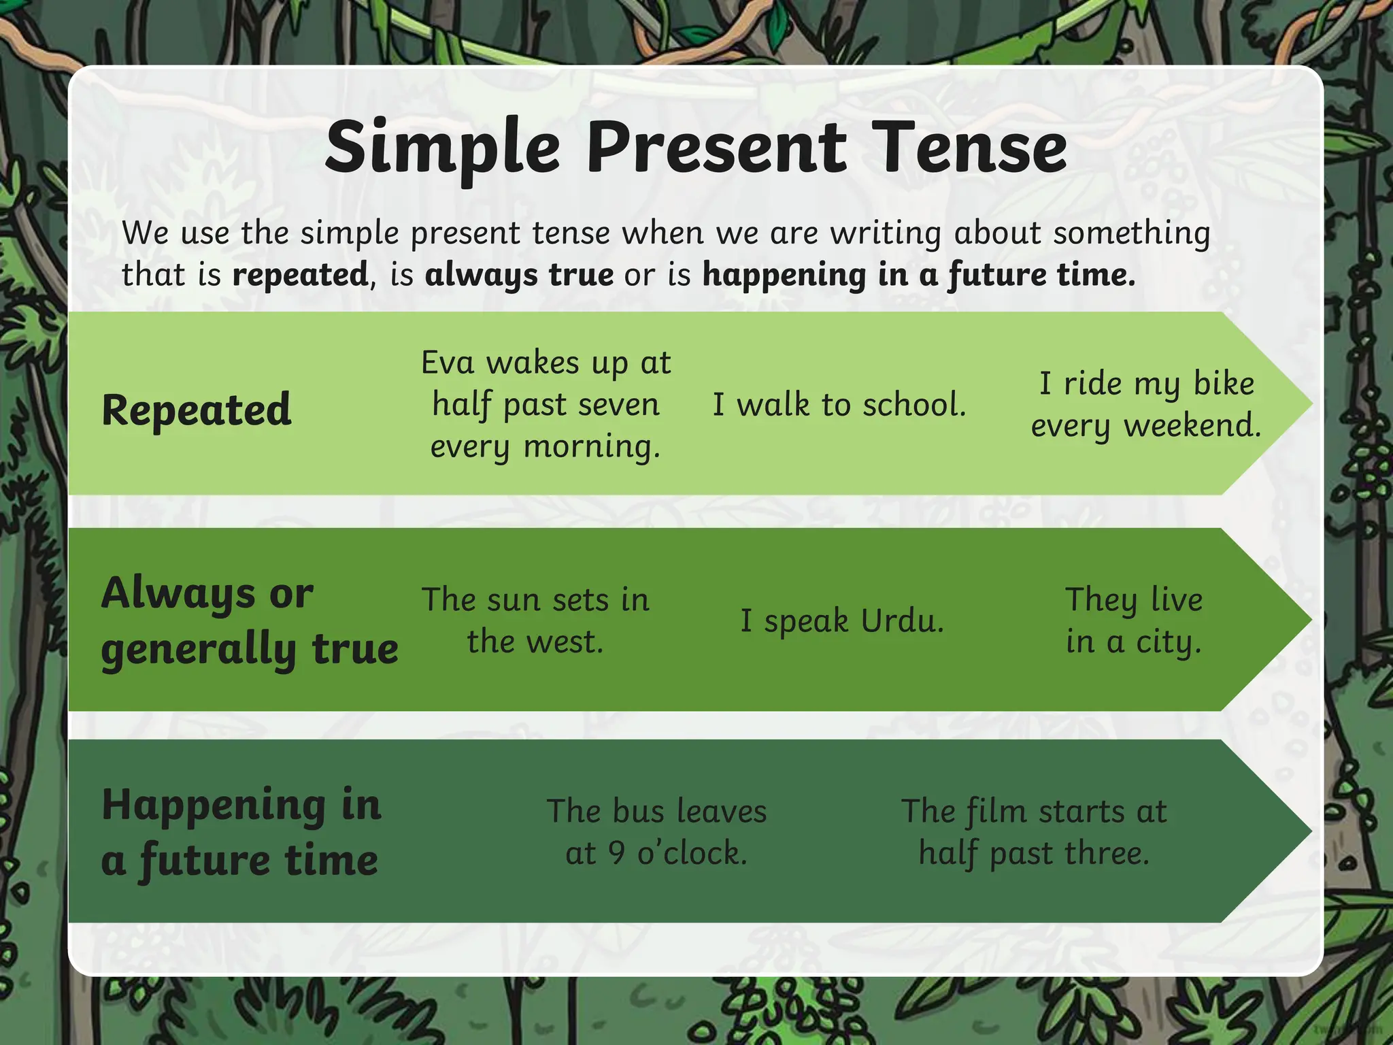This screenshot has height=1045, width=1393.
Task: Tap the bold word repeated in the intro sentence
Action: pos(300,275)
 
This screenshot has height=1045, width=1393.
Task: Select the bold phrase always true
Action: pos(519,275)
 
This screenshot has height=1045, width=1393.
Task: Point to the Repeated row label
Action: pos(197,410)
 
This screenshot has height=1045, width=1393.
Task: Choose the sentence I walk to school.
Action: pos(839,405)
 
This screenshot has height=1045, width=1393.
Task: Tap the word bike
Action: pos(1224,384)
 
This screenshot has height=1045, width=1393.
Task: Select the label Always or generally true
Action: pos(249,620)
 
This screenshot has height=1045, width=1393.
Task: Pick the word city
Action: pos(1169,642)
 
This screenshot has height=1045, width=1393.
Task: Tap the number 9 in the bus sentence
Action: pos(617,853)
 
